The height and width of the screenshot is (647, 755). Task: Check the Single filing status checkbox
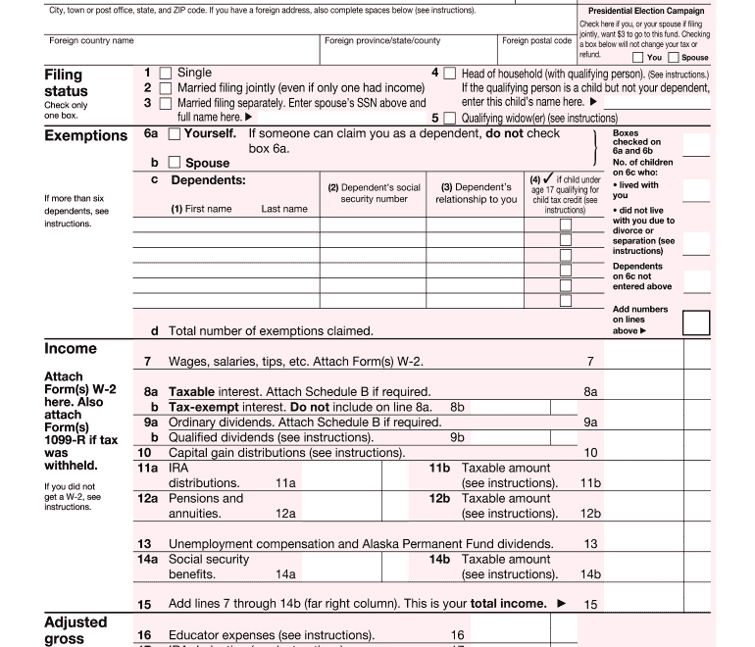coord(166,74)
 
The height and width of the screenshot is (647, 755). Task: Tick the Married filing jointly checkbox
coord(166,88)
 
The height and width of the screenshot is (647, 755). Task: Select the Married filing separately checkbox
coord(166,103)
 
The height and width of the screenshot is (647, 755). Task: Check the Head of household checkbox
coord(450,74)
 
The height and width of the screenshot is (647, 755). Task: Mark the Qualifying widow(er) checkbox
coord(450,118)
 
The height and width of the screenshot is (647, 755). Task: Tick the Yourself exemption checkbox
coord(175,133)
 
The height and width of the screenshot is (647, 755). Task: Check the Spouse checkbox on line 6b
coord(175,163)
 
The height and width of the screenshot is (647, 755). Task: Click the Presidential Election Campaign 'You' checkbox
coord(638,58)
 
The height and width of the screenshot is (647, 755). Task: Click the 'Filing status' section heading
coord(66,82)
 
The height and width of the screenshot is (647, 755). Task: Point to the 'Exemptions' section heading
coord(85,135)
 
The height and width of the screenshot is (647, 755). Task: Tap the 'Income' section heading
coord(71,349)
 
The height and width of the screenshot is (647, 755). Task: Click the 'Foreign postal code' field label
coord(536,41)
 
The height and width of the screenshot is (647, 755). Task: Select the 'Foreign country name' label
coord(91,41)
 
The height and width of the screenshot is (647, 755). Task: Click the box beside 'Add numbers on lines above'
coord(695,323)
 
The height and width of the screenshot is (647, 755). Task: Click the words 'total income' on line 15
coord(508,604)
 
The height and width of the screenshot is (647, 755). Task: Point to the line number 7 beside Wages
coord(146,362)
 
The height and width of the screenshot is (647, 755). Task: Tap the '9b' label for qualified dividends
coord(457,437)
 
